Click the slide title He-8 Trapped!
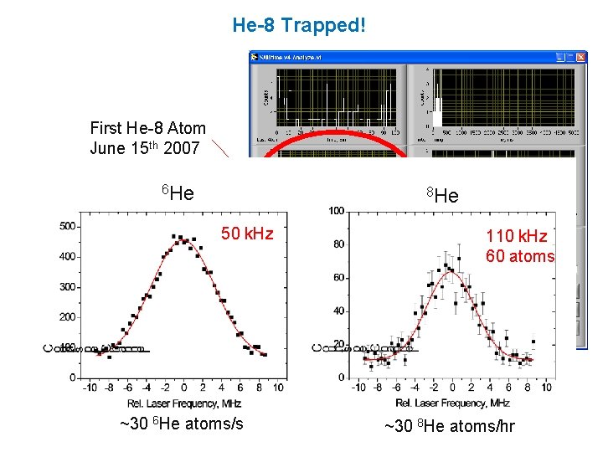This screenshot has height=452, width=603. pyautogui.click(x=299, y=25)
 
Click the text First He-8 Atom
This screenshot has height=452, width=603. pyautogui.click(x=147, y=128)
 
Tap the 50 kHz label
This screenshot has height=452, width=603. pyautogui.click(x=246, y=234)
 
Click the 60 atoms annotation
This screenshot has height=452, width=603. pyautogui.click(x=519, y=257)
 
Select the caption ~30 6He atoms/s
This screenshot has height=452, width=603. pyautogui.click(x=182, y=424)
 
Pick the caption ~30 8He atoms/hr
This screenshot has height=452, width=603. pyautogui.click(x=449, y=427)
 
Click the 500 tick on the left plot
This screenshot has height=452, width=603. pyautogui.click(x=69, y=226)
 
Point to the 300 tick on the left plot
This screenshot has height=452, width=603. pyautogui.click(x=69, y=287)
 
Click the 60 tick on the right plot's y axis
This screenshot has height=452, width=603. pyautogui.click(x=338, y=278)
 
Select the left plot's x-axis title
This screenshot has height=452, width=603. pyautogui.click(x=184, y=403)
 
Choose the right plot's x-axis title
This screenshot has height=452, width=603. pyautogui.click(x=452, y=403)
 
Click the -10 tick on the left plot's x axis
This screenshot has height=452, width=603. pyautogui.click(x=90, y=388)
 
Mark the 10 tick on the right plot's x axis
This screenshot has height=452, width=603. pyautogui.click(x=546, y=388)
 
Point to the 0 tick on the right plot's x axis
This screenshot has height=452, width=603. pyautogui.click(x=452, y=388)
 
